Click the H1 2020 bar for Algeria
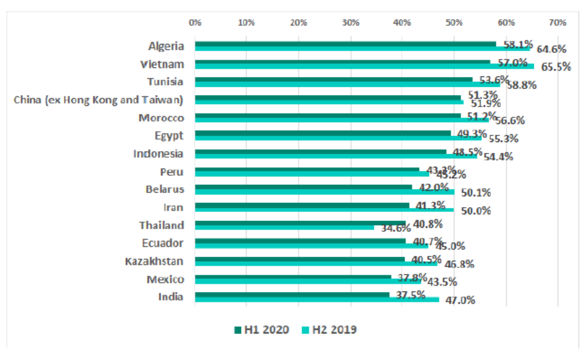345,44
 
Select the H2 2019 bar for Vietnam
364,66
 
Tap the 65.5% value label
555,67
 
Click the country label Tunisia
166,82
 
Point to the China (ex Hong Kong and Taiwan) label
99,100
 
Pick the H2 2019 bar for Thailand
284,228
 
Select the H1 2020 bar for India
292,295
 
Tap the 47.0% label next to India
460,300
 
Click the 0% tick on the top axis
195,22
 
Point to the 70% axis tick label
557,22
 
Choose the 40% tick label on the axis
402,22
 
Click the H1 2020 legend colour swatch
237,330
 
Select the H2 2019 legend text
337,330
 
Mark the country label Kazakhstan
154,261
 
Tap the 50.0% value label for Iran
476,211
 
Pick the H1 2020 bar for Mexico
293,277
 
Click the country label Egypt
169,135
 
